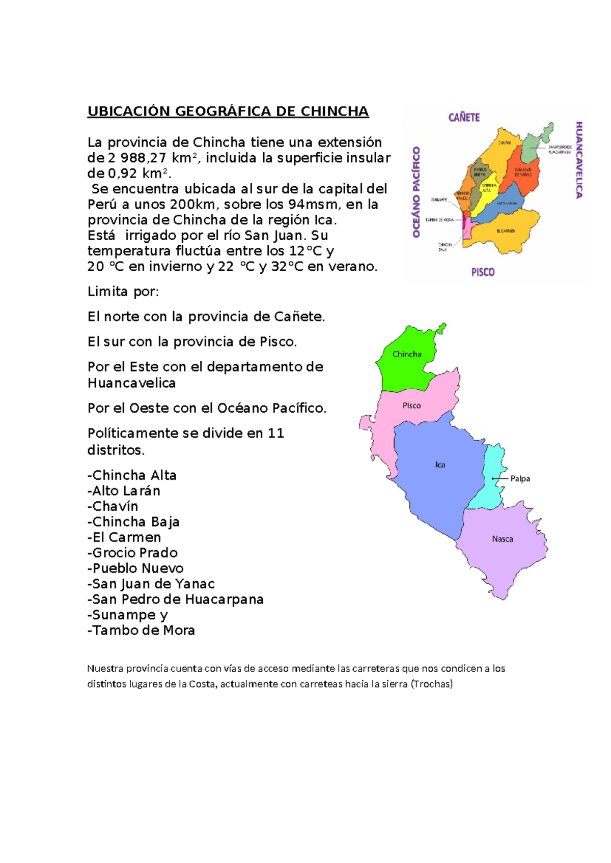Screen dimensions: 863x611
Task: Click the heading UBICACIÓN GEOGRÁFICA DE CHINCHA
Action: pyautogui.click(x=228, y=111)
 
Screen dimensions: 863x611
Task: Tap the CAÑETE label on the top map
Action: pyautogui.click(x=464, y=118)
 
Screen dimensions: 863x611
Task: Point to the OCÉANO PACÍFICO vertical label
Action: pyautogui.click(x=416, y=192)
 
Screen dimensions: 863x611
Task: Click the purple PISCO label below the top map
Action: pyautogui.click(x=483, y=272)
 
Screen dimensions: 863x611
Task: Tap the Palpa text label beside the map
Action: pyautogui.click(x=520, y=478)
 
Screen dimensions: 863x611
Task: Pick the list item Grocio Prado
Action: pyautogui.click(x=134, y=553)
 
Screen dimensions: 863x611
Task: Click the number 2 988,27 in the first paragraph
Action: pyautogui.click(x=133, y=158)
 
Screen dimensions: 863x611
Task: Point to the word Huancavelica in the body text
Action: pyautogui.click(x=131, y=383)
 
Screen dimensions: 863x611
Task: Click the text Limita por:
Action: pyautogui.click(x=123, y=292)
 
